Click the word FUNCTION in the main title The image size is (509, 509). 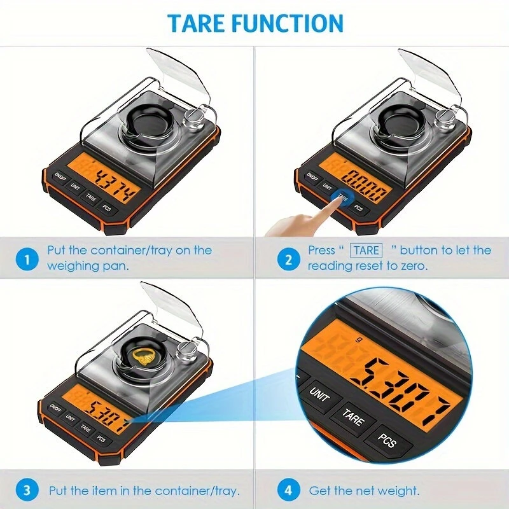pos(288,23)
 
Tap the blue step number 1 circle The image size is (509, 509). pos(27,259)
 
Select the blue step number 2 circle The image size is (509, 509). pos(289,259)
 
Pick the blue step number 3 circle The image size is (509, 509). pos(27,490)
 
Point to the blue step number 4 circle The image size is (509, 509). pos(289,490)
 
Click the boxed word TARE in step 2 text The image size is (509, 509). pos(366,250)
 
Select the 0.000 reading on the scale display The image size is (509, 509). pos(365,186)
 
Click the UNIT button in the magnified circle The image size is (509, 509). pos(320,394)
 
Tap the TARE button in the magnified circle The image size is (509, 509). pos(353,417)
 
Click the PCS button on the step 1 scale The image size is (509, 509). pos(107,207)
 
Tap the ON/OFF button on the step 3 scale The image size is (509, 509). pos(56,408)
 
